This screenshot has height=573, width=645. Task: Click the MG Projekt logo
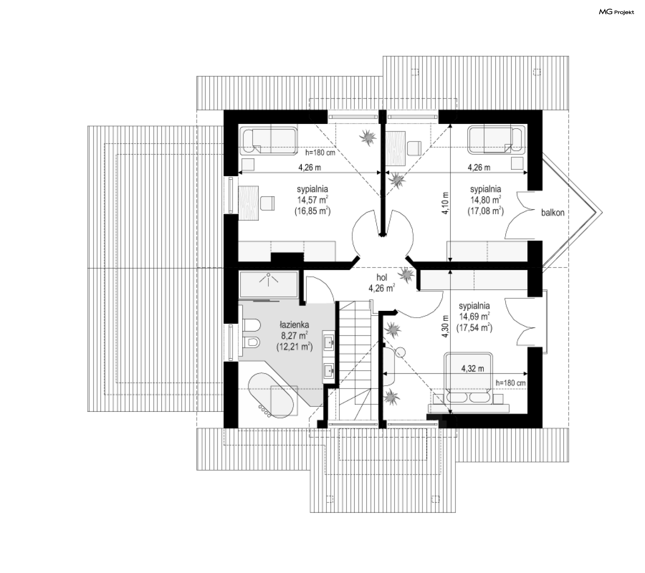tap(616, 12)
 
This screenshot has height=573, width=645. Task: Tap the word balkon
tap(553, 212)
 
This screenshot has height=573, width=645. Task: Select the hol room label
tap(382, 277)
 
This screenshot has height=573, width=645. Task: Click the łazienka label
tap(294, 325)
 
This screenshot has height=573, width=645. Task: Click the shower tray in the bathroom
tap(268, 285)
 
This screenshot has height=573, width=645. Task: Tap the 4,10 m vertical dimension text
tap(445, 203)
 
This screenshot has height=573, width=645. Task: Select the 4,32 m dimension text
tap(473, 369)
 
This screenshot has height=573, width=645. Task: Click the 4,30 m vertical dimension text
tap(445, 326)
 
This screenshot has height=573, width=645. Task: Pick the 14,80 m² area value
tap(485, 200)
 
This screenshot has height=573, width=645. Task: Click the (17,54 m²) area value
tap(474, 327)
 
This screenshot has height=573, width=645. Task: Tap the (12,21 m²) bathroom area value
tap(295, 347)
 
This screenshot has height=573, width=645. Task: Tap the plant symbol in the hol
tap(406, 275)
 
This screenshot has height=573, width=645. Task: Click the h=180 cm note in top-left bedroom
tap(320, 153)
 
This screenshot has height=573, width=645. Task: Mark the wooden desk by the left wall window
tap(249, 203)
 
